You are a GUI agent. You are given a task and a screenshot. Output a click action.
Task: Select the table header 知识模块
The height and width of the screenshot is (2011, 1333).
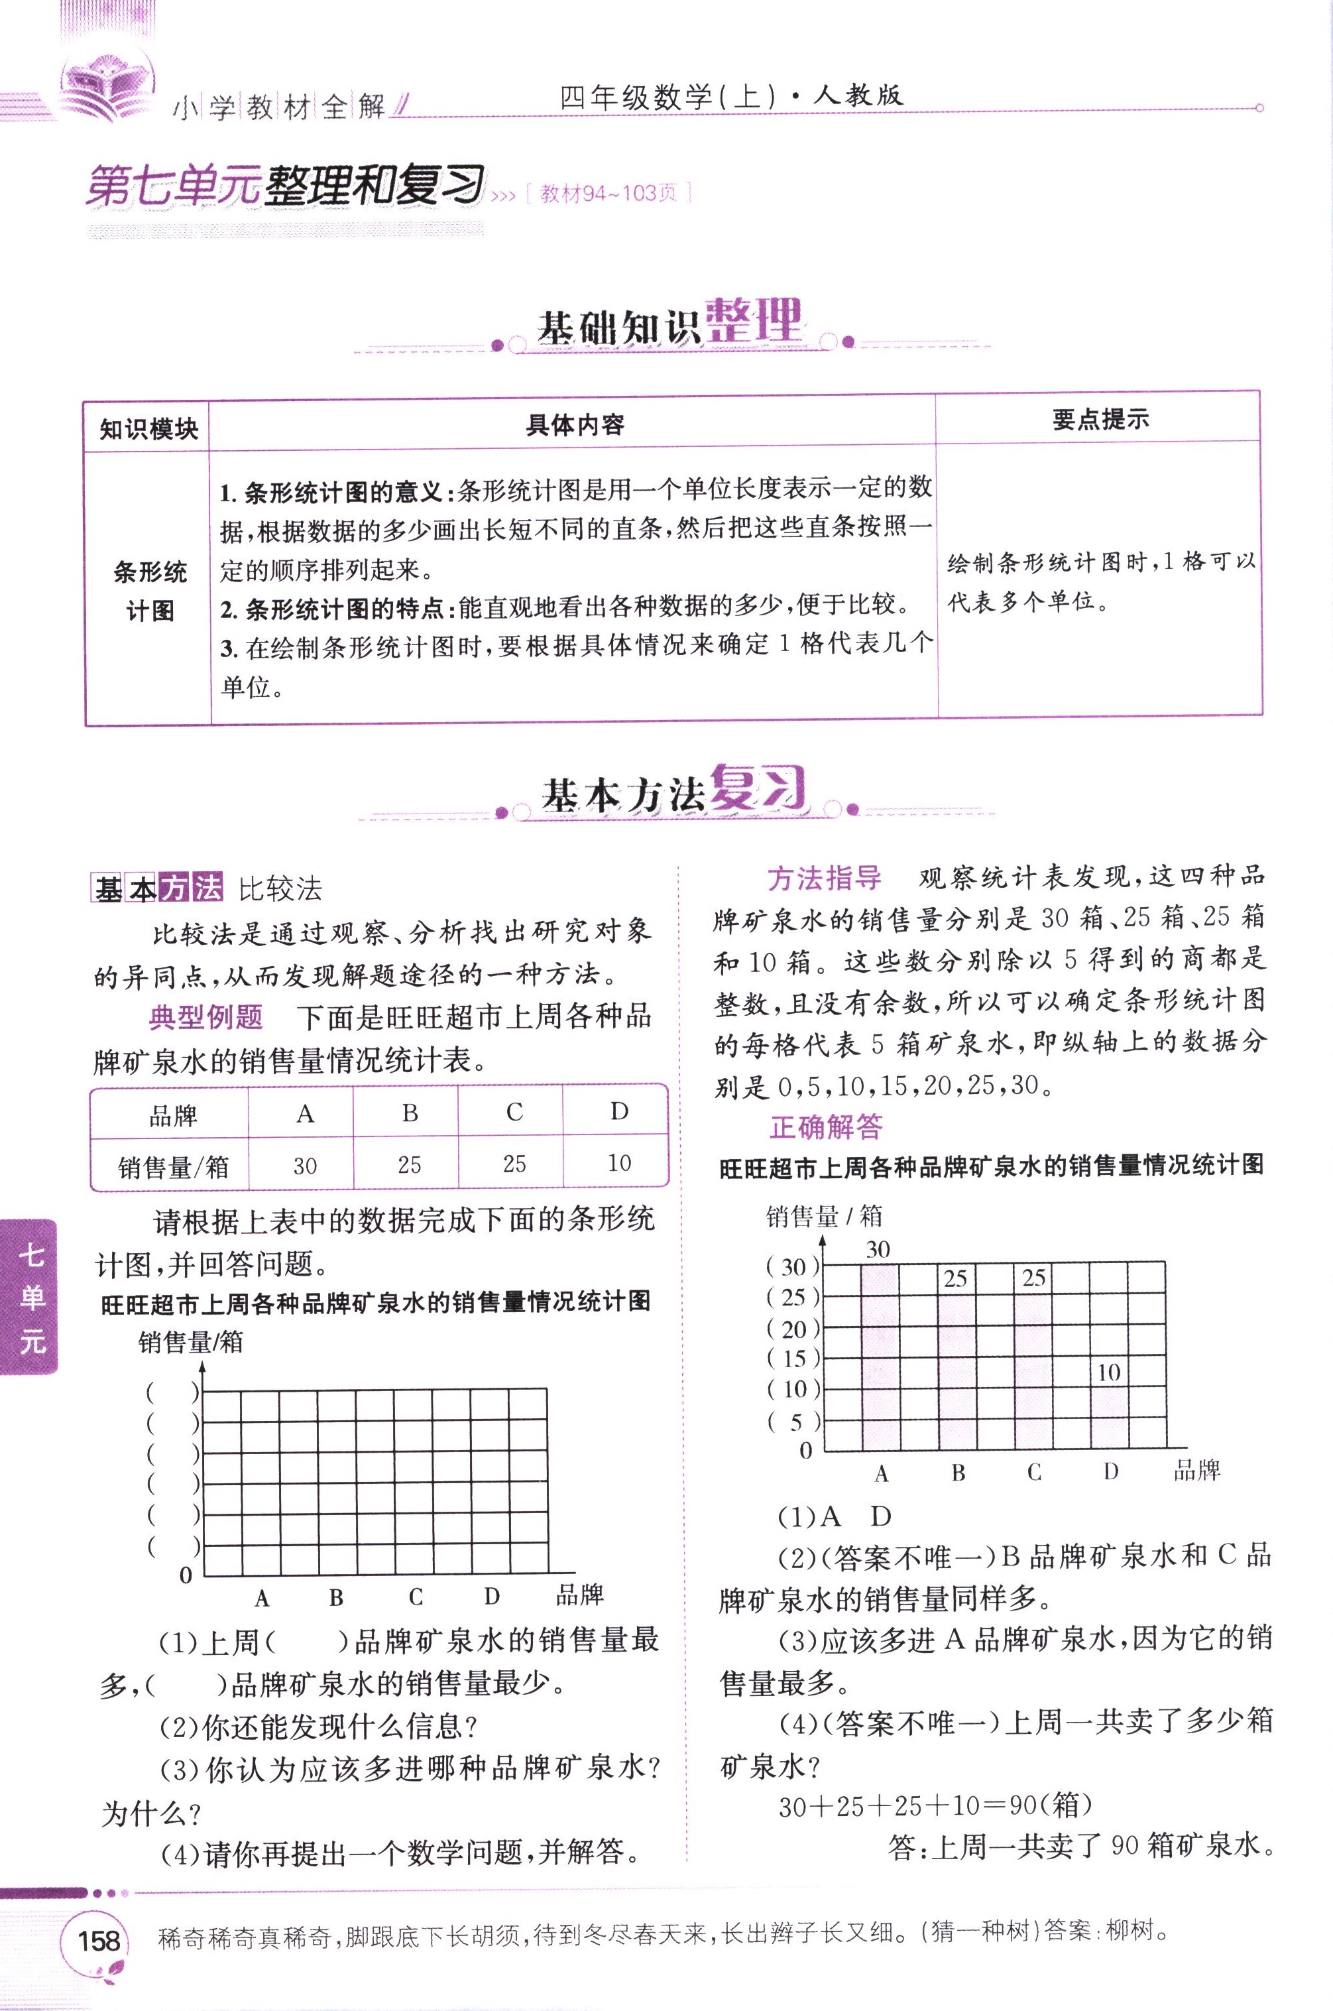[x=148, y=428]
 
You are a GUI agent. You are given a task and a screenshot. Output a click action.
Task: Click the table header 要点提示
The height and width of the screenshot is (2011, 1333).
[x=1100, y=419]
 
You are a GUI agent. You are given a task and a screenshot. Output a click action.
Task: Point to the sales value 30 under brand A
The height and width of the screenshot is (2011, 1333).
[x=304, y=1165]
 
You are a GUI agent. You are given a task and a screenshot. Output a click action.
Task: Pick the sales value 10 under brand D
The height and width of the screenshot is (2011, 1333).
[x=619, y=1162]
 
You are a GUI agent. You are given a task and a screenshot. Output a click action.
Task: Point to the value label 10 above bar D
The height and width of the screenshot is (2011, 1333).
[x=1108, y=1372]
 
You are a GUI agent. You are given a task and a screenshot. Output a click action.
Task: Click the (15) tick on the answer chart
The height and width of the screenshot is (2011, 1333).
[x=793, y=1358]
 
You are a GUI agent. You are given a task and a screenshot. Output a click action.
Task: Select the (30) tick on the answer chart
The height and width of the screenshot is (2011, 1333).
[x=793, y=1267]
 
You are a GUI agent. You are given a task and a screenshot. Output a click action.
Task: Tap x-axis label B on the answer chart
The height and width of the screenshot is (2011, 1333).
[x=958, y=1473]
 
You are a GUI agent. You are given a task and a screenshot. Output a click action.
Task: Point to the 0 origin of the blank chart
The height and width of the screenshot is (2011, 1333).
[x=186, y=1575]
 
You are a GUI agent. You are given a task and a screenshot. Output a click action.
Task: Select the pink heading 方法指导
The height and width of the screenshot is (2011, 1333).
[x=824, y=879]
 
